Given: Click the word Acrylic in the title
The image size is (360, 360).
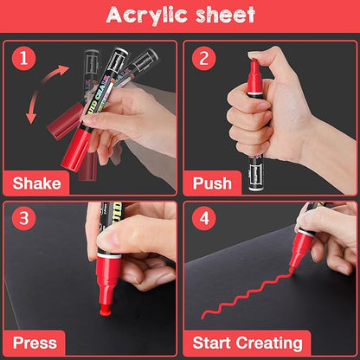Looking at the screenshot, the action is tap(146, 15).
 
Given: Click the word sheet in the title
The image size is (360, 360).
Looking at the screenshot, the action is tap(226, 15).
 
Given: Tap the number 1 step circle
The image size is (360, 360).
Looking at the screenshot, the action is tap(24, 58).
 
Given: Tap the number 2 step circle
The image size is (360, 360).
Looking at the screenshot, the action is tap(204, 58).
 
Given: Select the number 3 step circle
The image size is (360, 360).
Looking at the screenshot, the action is tap(24, 218).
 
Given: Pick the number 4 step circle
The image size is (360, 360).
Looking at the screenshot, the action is tap(204, 218).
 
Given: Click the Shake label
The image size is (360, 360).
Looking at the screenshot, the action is tap(37, 183).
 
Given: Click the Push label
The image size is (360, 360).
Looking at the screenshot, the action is tap(212, 183).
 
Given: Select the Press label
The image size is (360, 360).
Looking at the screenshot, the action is tap(35, 343).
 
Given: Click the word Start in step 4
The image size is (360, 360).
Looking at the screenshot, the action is tap(213, 343).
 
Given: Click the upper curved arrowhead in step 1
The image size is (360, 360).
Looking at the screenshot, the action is tap(63, 70).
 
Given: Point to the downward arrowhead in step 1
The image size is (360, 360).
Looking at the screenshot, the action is tap(31, 118).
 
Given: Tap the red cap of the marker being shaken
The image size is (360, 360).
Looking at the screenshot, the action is tap(75, 150).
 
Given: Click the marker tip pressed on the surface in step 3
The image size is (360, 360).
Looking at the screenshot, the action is tap(106, 309).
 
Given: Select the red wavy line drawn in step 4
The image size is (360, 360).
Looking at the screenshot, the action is tap(245, 294).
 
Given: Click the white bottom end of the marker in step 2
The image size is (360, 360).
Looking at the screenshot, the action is tap(256, 189).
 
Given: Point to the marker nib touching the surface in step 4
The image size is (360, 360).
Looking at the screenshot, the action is tap(292, 271).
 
